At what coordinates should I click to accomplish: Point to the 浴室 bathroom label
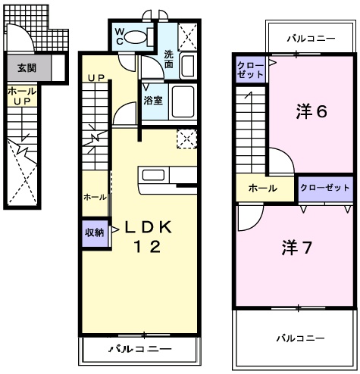tap(152, 99)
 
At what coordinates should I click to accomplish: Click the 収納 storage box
tap(94, 233)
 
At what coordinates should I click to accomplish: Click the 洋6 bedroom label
tap(311, 112)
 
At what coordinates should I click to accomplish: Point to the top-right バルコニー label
tap(311, 36)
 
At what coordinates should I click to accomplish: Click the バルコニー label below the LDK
tap(139, 349)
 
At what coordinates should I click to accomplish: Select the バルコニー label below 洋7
tap(299, 337)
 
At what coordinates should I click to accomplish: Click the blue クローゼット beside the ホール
tap(325, 187)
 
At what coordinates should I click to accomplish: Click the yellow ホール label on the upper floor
tap(262, 188)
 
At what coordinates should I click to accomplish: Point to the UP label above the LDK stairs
tap(95, 78)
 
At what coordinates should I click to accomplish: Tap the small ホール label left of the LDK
tap(95, 197)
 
